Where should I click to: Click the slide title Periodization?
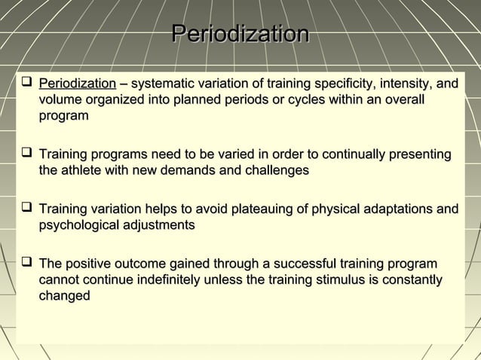point(240,35)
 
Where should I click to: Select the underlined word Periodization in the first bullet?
point(77,83)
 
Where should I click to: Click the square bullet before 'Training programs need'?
point(26,154)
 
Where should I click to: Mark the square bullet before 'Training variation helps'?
point(26,209)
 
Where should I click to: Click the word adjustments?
point(164,225)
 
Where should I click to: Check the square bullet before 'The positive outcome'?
point(26,263)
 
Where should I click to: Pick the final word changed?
point(64,297)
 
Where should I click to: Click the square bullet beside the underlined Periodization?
point(26,82)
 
